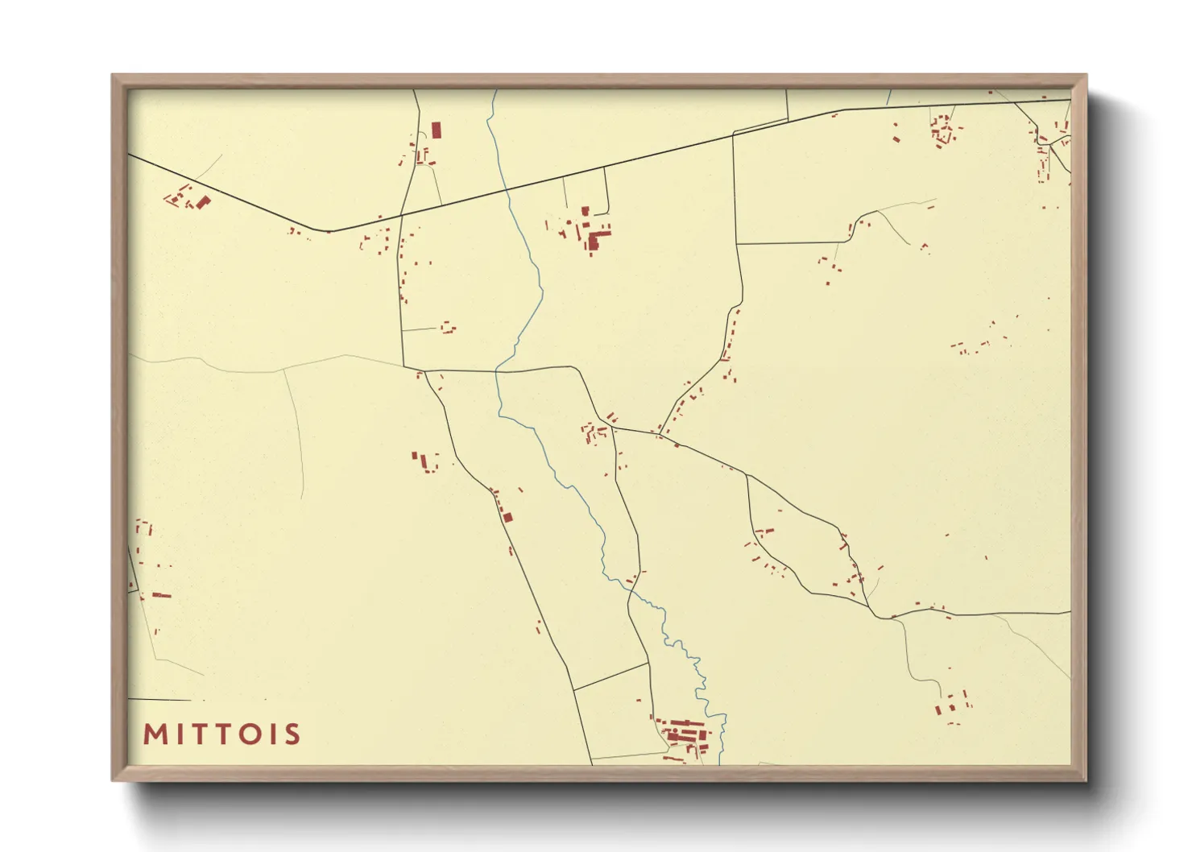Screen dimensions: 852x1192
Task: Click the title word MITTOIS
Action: point(221,734)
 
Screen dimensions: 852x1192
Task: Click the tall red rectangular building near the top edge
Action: point(437,130)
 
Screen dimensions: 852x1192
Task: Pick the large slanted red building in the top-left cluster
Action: point(203,201)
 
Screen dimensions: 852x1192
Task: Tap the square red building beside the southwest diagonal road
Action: point(507,516)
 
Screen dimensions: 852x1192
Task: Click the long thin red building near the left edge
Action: point(162,595)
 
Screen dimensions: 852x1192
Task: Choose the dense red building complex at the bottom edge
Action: point(685,734)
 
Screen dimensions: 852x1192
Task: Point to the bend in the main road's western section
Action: point(328,231)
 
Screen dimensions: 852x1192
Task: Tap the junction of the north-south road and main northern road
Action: point(401,215)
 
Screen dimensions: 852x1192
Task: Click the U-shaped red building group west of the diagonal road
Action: point(427,461)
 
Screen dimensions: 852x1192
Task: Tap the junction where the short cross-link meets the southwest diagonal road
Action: point(573,689)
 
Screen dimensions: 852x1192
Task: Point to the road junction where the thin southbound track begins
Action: point(894,618)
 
